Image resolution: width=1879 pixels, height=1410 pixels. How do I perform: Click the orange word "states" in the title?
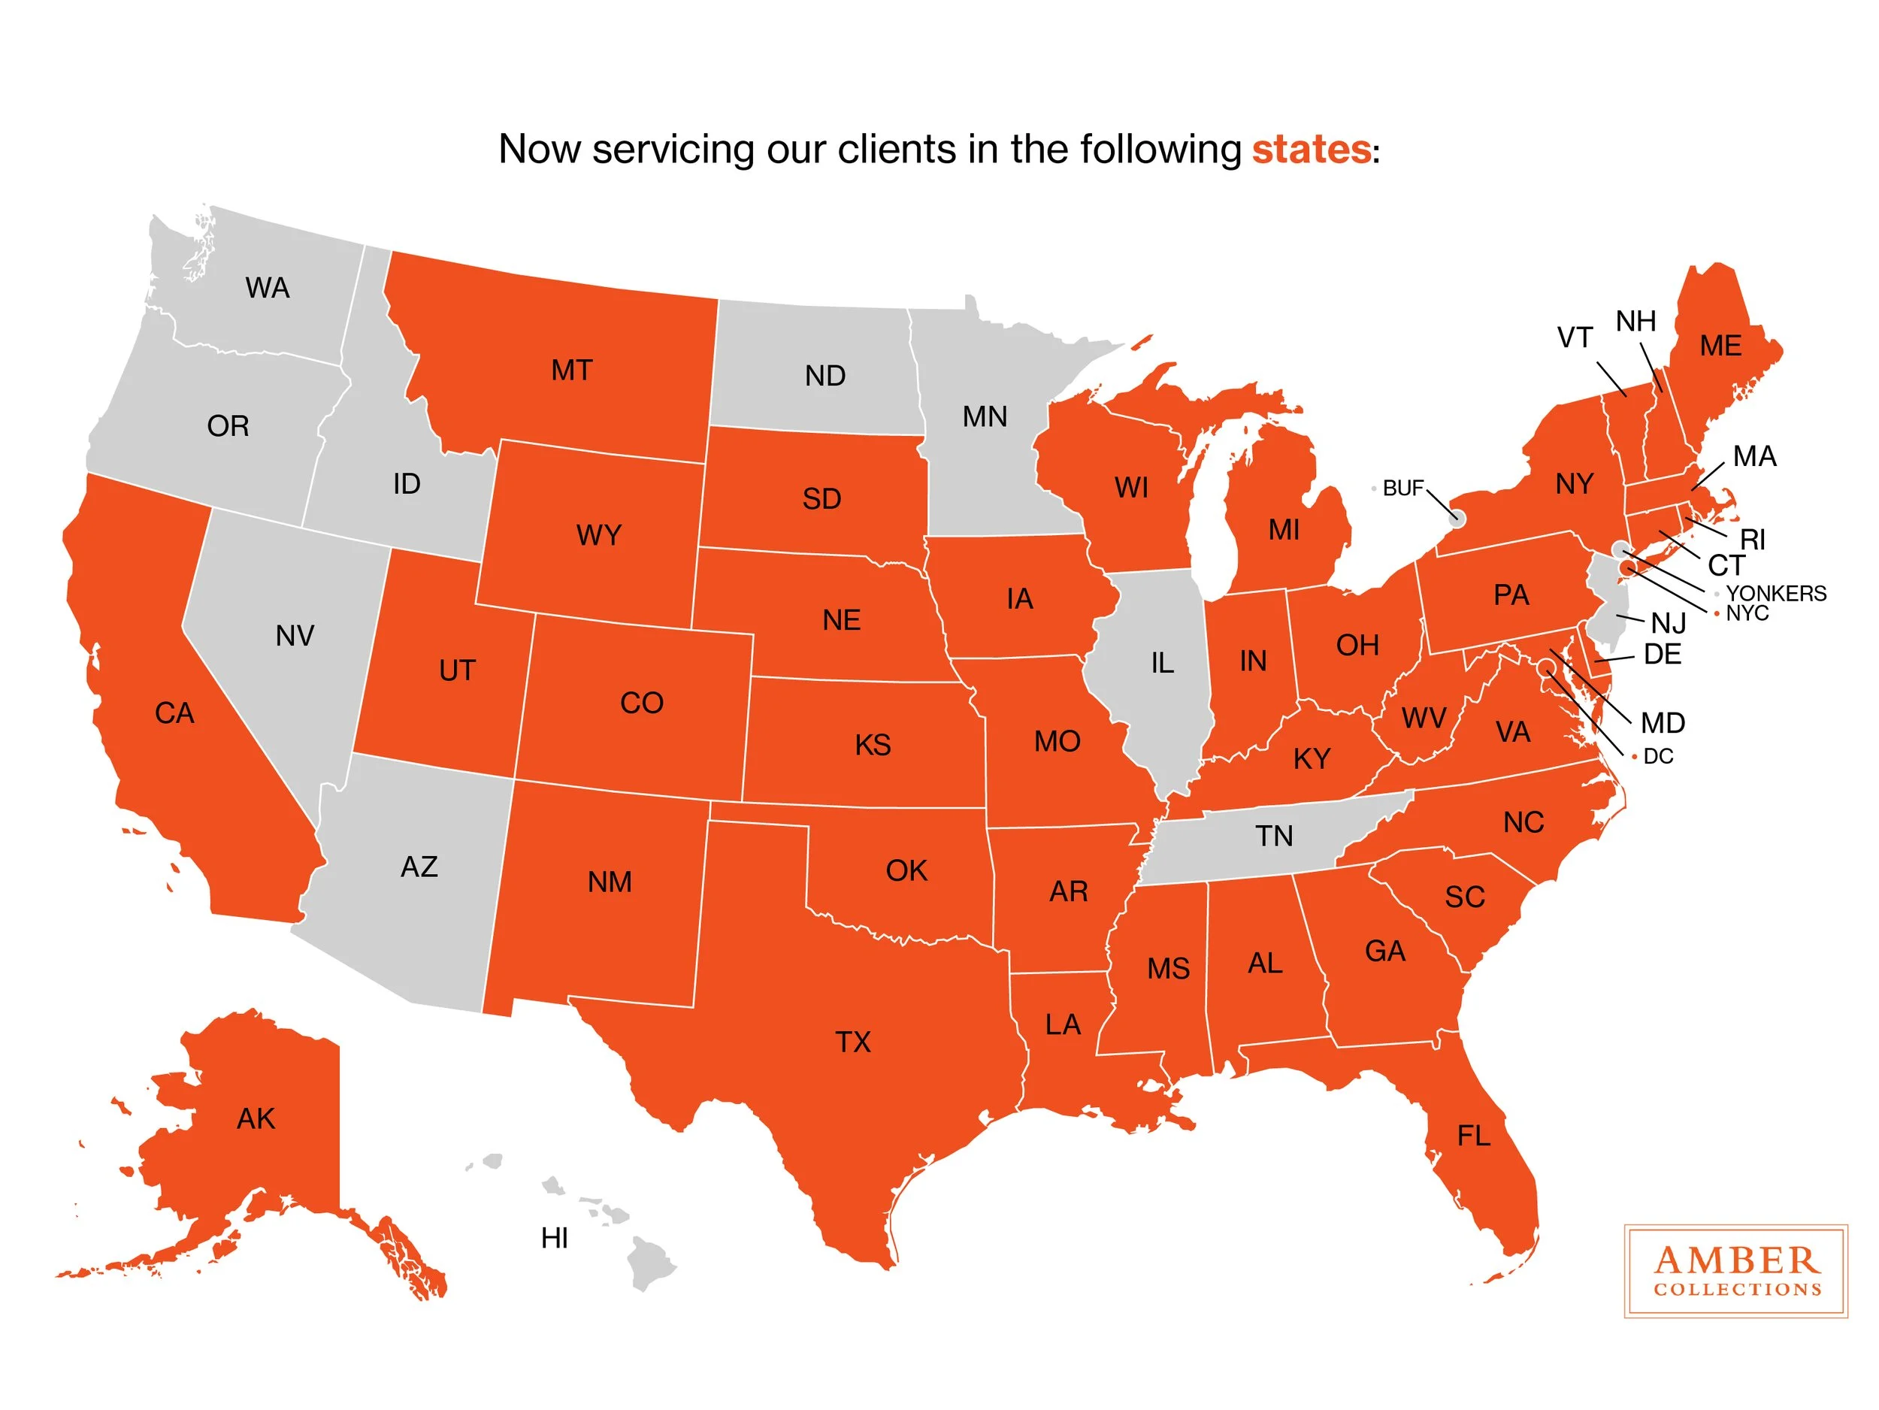pyautogui.click(x=1310, y=150)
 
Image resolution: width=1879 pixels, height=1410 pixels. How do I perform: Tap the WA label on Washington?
pyautogui.click(x=268, y=288)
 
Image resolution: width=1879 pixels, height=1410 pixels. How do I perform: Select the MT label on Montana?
pyautogui.click(x=570, y=371)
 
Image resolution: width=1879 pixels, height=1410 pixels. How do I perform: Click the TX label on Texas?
pyautogui.click(x=853, y=1042)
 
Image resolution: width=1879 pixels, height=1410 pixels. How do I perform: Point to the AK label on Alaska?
pyautogui.click(x=256, y=1118)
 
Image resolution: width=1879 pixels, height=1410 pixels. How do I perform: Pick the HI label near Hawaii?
pyautogui.click(x=554, y=1239)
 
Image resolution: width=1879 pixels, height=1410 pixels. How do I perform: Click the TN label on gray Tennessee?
pyautogui.click(x=1274, y=837)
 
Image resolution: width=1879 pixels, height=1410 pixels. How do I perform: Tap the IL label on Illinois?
pyautogui.click(x=1162, y=662)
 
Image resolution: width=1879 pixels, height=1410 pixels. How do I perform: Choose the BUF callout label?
pyautogui.click(x=1402, y=489)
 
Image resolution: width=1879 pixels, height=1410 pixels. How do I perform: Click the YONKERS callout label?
pyautogui.click(x=1775, y=594)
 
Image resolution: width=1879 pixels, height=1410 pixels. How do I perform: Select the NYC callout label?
pyautogui.click(x=1747, y=613)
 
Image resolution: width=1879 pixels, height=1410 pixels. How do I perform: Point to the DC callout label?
pyautogui.click(x=1658, y=757)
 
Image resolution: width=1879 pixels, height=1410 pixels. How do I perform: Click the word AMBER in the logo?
pyautogui.click(x=1736, y=1260)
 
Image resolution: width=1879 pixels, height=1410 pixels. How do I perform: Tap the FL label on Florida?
pyautogui.click(x=1473, y=1136)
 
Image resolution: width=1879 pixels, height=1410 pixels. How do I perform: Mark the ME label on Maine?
pyautogui.click(x=1720, y=346)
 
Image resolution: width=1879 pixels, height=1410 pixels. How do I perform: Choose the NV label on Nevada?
pyautogui.click(x=295, y=635)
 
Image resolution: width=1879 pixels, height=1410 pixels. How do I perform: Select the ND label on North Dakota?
pyautogui.click(x=825, y=376)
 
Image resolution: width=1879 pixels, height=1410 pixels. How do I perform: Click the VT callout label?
pyautogui.click(x=1574, y=338)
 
